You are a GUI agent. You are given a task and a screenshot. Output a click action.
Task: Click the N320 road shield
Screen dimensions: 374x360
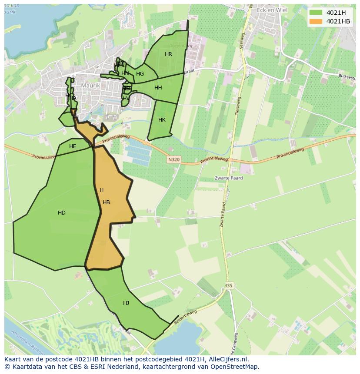tap(173, 160)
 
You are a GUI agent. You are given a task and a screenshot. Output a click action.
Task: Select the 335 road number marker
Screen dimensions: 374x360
tap(229, 285)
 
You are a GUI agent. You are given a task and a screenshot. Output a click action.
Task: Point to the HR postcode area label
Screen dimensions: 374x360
tap(168, 54)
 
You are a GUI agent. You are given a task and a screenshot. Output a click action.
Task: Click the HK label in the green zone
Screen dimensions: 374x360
tap(162, 120)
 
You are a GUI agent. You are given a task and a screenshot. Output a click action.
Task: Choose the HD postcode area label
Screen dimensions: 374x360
tap(62, 213)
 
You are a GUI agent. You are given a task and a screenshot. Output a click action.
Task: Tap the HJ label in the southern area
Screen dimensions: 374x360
tap(126, 303)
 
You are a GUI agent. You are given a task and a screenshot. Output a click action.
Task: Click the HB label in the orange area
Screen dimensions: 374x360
tap(106, 202)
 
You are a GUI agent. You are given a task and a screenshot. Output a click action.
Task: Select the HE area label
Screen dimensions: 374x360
tap(73, 146)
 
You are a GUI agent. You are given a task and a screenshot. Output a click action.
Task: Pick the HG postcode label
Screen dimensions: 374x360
tap(140, 74)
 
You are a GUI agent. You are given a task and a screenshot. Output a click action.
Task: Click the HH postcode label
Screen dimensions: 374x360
tap(158, 88)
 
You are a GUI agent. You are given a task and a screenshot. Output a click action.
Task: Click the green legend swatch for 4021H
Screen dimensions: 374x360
tap(316, 13)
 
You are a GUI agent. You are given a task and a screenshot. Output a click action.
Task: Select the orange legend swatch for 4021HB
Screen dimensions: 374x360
tap(316, 21)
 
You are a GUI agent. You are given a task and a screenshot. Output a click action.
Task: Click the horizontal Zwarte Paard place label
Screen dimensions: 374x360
tap(229, 178)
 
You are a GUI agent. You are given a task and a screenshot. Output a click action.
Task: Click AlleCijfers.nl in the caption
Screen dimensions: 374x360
tap(228, 359)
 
